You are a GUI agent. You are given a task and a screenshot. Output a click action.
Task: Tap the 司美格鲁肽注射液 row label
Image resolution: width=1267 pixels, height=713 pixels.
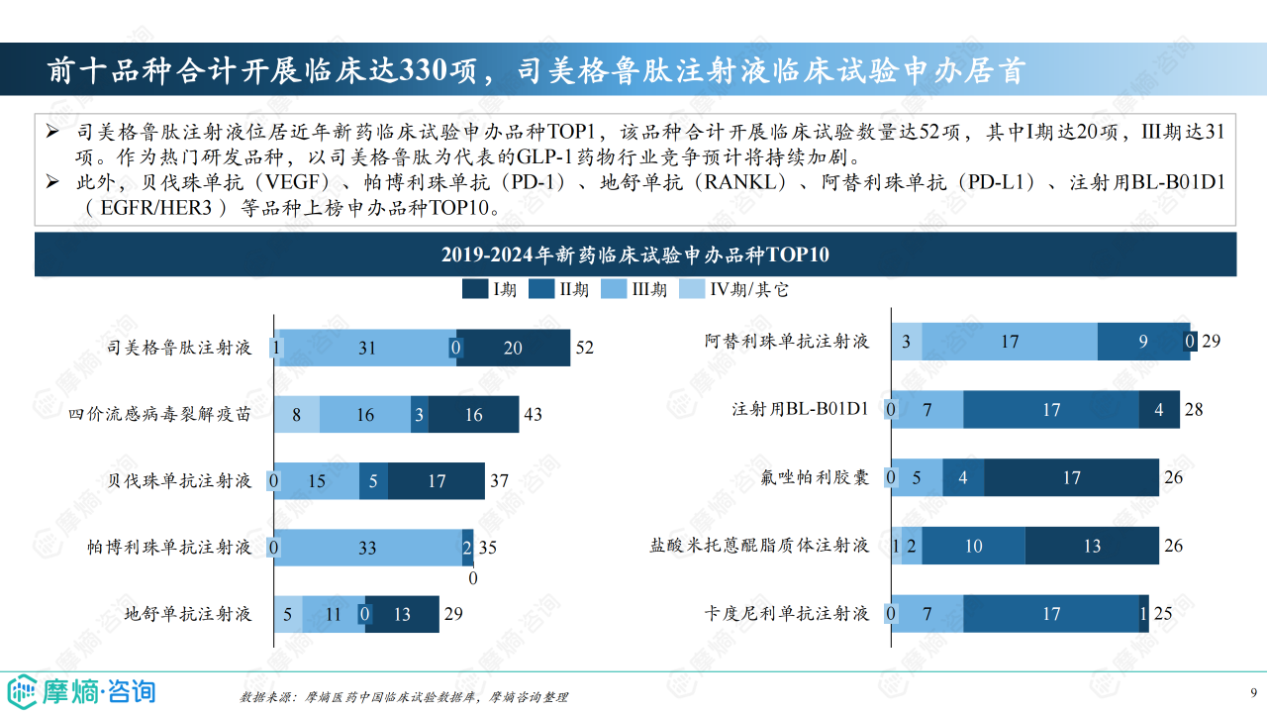tap(179, 348)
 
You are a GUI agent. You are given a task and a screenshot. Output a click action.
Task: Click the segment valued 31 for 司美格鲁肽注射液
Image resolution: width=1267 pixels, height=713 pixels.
tap(367, 348)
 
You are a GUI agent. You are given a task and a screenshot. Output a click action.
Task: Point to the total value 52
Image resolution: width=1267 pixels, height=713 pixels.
tap(584, 348)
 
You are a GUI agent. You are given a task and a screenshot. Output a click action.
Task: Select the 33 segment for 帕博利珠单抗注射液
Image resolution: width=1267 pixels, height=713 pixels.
tap(367, 547)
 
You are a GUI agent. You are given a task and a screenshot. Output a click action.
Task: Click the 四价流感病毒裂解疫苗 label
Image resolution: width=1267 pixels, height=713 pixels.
tap(159, 414)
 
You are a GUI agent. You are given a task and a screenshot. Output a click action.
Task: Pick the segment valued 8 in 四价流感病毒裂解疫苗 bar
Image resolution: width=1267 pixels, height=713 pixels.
tap(296, 414)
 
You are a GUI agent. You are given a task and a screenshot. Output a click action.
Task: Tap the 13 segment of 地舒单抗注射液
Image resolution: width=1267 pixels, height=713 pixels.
tap(402, 614)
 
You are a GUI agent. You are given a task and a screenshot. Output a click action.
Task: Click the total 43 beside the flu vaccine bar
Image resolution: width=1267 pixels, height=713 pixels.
tap(533, 414)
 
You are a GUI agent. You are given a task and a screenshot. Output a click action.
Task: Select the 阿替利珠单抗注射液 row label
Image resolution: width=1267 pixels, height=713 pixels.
tap(787, 342)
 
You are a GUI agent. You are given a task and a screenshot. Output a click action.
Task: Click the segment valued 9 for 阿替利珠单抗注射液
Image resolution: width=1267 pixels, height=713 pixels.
tap(1142, 342)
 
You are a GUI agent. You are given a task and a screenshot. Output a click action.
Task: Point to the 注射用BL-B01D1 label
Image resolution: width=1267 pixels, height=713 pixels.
tap(800, 409)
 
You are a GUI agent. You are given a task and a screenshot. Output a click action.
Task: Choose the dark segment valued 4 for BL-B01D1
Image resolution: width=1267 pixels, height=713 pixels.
tap(1158, 409)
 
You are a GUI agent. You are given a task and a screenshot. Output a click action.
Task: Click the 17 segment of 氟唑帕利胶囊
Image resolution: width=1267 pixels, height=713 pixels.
tap(1071, 477)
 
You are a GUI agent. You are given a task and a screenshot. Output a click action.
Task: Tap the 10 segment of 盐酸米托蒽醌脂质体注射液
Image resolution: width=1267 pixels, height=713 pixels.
tap(973, 546)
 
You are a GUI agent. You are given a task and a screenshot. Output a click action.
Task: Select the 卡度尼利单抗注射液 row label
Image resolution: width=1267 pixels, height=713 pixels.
tap(787, 614)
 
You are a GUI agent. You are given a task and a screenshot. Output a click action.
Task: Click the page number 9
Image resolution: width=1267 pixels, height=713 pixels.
tap(1254, 691)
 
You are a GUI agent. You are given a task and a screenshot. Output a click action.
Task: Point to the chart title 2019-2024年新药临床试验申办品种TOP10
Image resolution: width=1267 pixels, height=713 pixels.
tap(634, 255)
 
